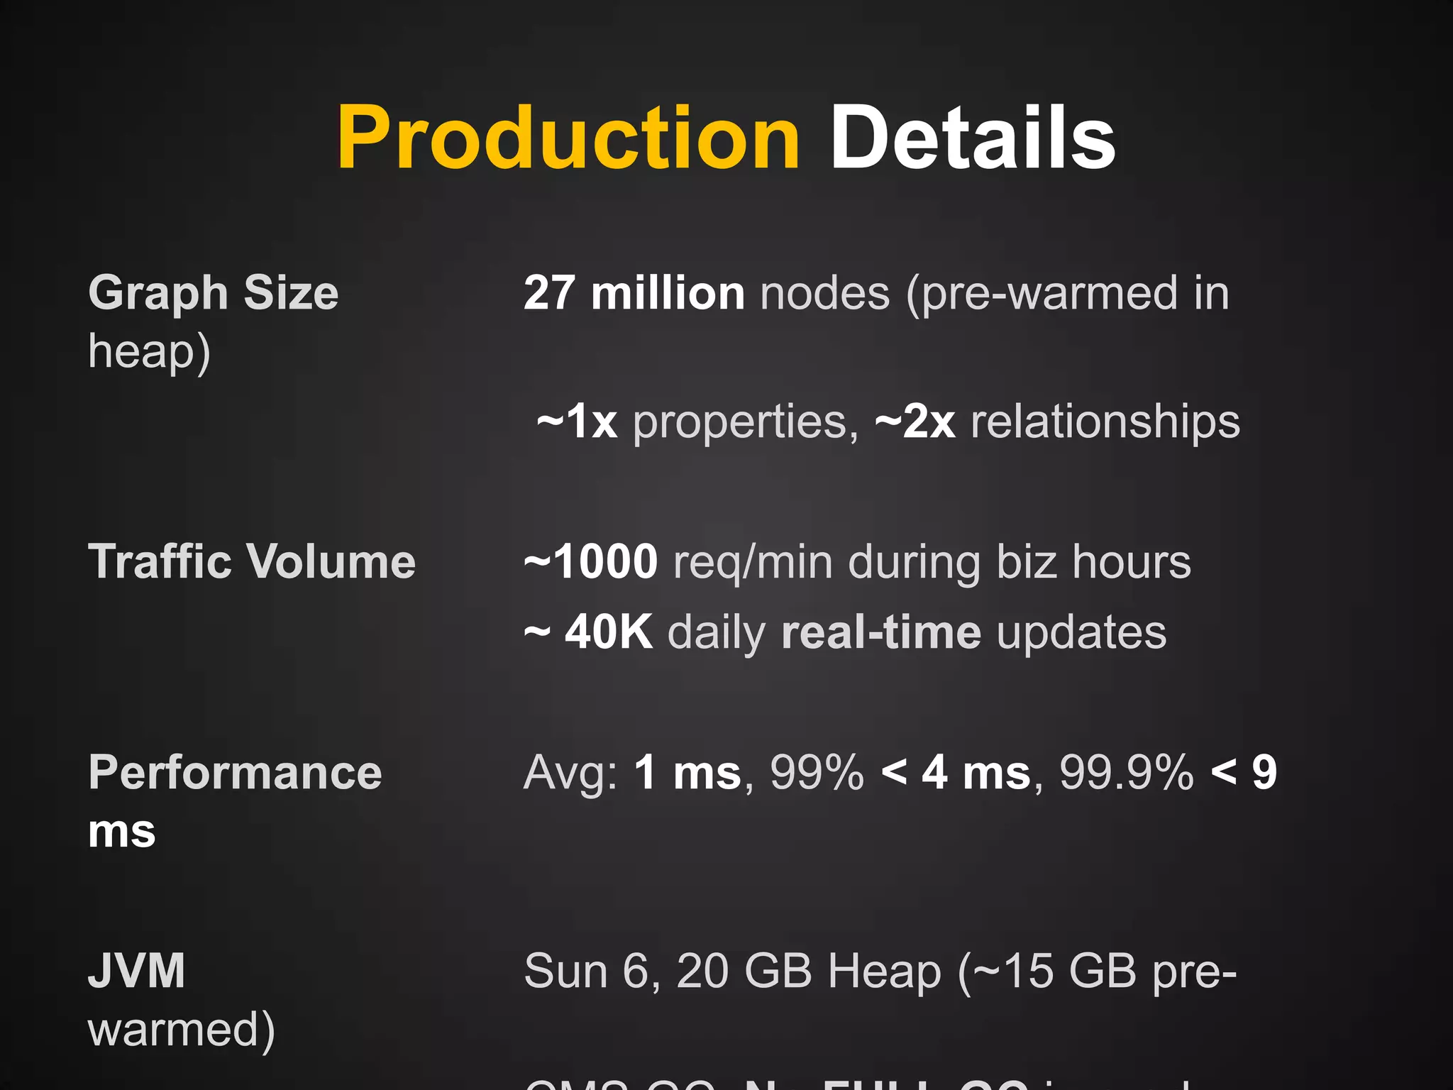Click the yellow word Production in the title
pos(568,138)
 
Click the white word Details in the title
pos(973,138)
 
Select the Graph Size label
pos(214,293)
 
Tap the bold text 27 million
pos(634,293)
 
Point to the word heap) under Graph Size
pos(149,352)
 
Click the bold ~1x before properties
pos(577,422)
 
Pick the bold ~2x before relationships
pos(915,422)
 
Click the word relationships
pos(1105,422)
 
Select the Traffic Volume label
pos(252,562)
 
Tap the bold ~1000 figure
pos(591,562)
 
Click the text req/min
pos(753,562)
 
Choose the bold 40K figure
pos(608,632)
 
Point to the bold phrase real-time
pos(881,632)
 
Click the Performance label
pos(235,772)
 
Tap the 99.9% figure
pos(1127,772)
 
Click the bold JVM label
pos(137,971)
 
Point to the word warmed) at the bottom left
pos(181,1030)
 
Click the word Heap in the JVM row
pos(884,971)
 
